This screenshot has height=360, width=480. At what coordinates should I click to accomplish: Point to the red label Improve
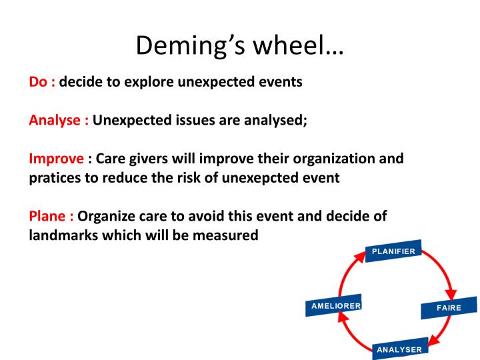tap(56, 160)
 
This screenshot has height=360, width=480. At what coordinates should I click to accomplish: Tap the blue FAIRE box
tap(449, 308)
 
